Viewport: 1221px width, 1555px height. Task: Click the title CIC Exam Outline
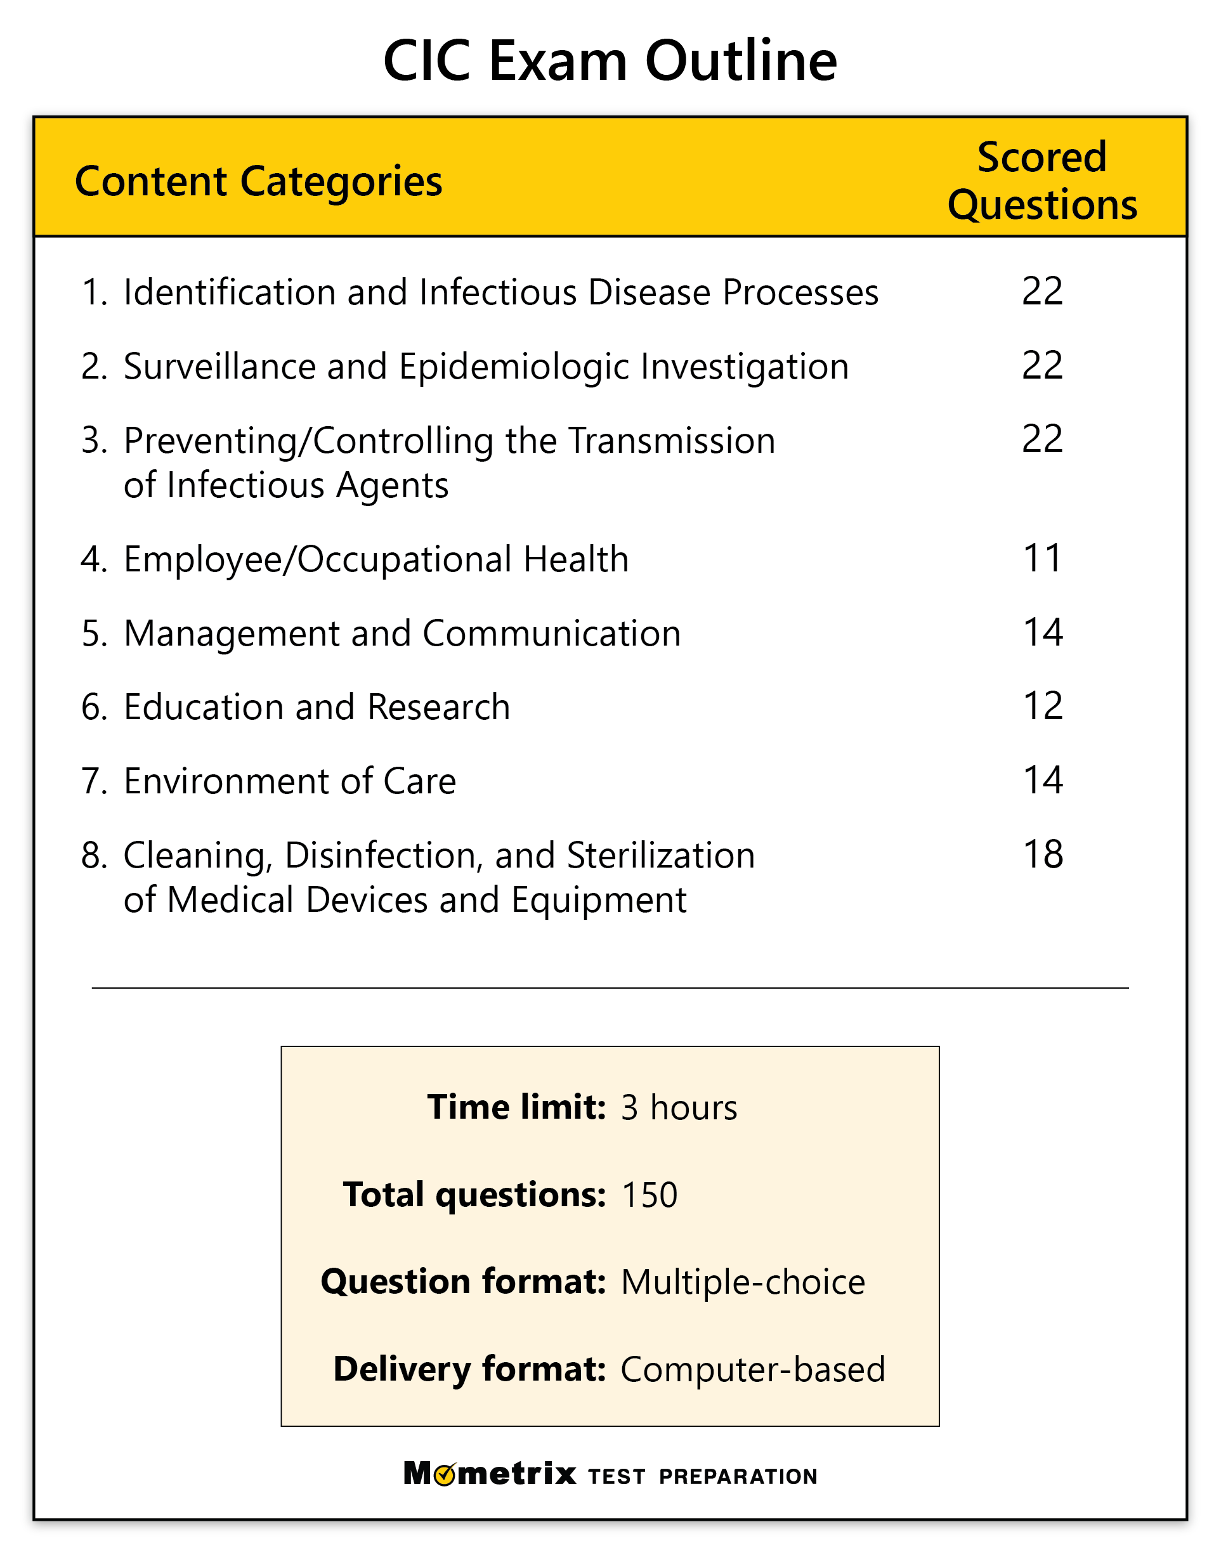coord(610,61)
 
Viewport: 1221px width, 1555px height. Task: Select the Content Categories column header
coord(258,181)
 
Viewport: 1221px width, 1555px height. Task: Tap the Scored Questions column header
coord(1041,181)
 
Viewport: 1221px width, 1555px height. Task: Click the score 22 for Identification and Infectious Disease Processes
coord(1041,291)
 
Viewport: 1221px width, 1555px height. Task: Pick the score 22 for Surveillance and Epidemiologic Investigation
coord(1041,365)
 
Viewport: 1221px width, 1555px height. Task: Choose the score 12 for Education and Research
coord(1042,705)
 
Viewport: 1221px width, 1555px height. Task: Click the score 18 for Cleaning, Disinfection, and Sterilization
coord(1042,854)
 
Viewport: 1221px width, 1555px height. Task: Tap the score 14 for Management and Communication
coord(1042,632)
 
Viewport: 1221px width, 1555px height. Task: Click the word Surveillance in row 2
coord(219,367)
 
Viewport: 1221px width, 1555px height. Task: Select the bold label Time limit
coord(516,1107)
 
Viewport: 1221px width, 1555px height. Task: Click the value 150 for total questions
coord(649,1195)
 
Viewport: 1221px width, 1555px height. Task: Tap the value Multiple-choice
coord(742,1282)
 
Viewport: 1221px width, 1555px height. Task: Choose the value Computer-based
coord(752,1369)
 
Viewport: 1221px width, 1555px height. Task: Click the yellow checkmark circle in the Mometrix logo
coord(445,1474)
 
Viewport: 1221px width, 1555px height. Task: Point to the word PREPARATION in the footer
coord(738,1476)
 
